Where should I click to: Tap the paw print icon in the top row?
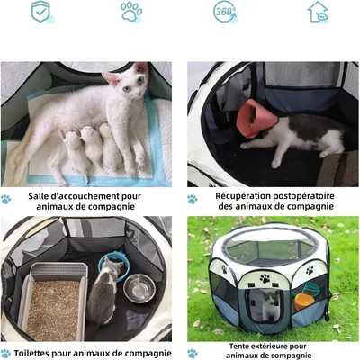(x=131, y=12)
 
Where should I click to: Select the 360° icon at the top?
(x=225, y=12)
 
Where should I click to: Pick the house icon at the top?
(x=318, y=12)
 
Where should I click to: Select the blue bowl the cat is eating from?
(x=112, y=266)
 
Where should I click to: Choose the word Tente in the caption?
(x=242, y=345)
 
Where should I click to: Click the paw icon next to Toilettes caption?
(x=7, y=354)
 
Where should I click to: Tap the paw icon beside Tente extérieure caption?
(x=193, y=353)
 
